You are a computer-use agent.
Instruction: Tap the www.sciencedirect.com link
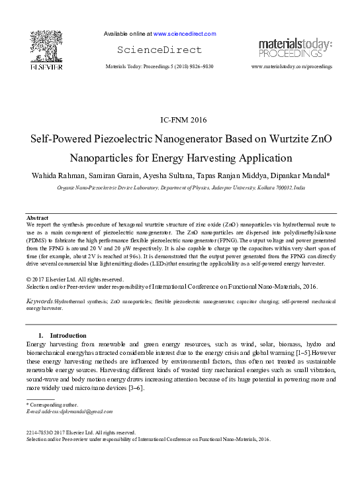(185, 33)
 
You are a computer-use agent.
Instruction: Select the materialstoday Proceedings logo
(294, 48)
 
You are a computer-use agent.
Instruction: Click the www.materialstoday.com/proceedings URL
(292, 67)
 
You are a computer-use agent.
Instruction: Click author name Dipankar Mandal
(296, 175)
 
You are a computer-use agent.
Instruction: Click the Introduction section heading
(69, 335)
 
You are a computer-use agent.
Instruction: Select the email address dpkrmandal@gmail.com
(78, 412)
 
